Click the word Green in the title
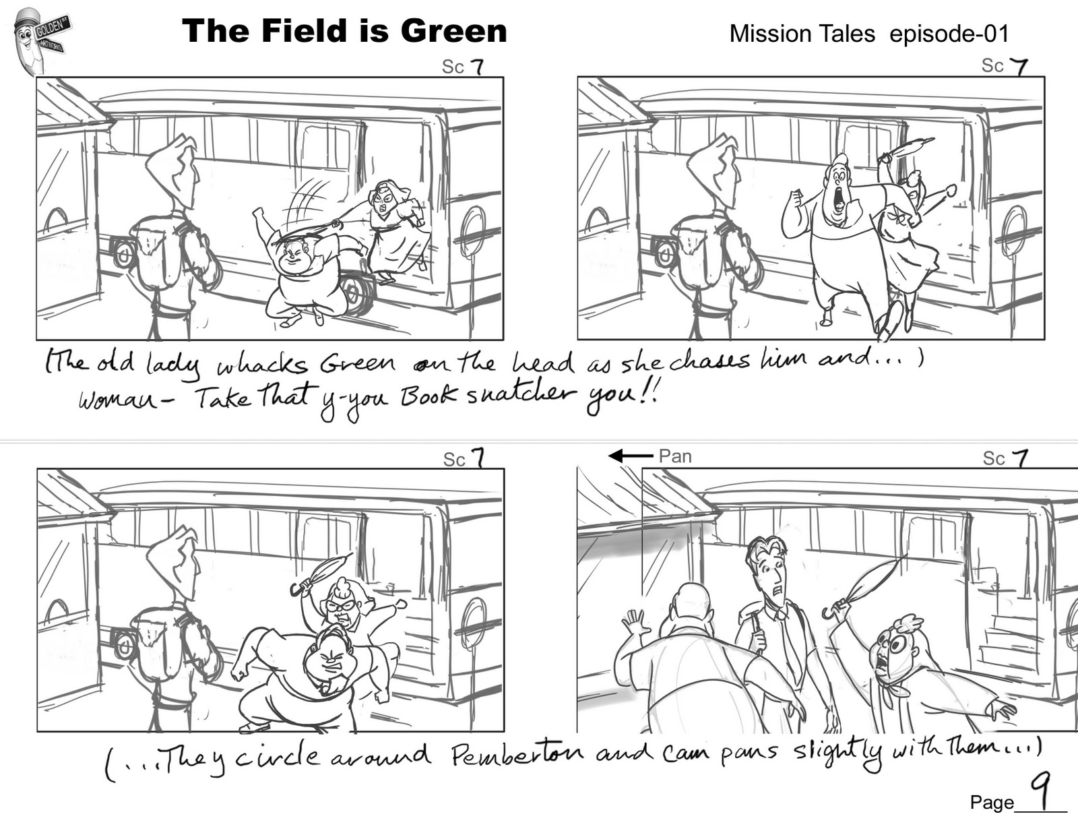tap(453, 31)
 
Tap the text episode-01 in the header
tap(949, 34)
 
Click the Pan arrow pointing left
tap(630, 456)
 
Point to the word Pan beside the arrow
tap(675, 456)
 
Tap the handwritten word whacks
tap(262, 366)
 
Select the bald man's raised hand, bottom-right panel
tap(635, 623)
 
